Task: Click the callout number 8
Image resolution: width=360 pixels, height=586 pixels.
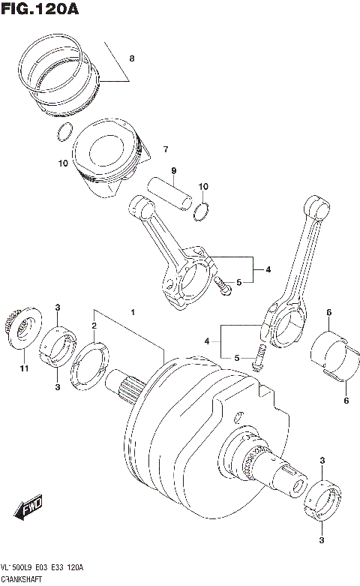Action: click(132, 58)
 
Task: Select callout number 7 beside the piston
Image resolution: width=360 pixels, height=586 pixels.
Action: click(166, 149)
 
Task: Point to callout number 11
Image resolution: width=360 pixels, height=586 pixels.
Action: click(23, 368)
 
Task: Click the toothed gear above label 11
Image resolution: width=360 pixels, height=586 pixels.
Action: click(22, 329)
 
